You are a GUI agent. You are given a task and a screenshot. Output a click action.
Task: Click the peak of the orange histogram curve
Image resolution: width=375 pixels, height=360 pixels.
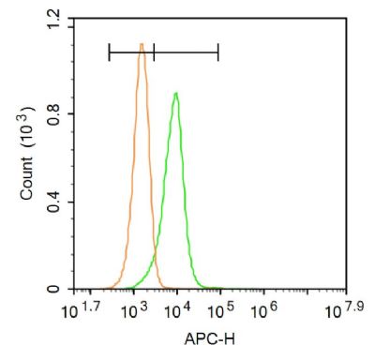142,44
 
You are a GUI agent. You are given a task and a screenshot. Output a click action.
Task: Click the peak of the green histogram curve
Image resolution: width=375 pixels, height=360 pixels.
175,93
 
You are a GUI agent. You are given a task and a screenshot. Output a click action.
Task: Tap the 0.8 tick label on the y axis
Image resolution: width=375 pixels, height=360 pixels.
54,112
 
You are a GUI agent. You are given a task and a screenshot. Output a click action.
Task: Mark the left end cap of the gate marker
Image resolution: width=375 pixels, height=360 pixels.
109,52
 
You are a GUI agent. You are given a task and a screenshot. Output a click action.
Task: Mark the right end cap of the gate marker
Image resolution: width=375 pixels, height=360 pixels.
218,52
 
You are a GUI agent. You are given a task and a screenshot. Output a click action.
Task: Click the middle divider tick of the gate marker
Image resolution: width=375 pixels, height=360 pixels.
153,52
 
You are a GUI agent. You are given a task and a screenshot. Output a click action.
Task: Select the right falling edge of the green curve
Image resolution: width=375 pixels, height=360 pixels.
187,187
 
